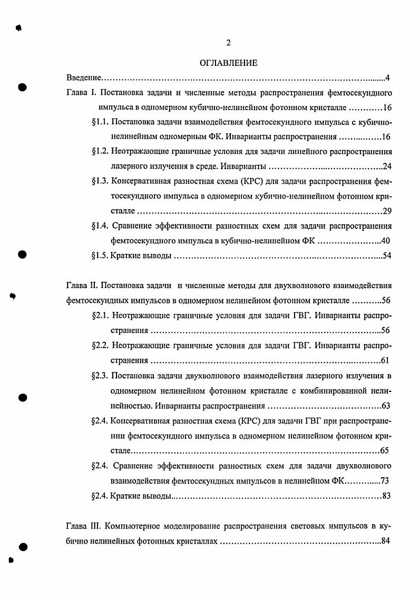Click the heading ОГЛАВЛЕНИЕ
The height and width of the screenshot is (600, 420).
pos(228,63)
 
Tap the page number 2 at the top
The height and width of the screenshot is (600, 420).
pos(228,43)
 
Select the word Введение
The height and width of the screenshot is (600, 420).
pos(84,78)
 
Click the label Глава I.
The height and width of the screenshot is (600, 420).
pos(80,93)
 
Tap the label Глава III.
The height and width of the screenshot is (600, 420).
pos(84,526)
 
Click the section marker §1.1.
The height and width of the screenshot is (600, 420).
pos(100,122)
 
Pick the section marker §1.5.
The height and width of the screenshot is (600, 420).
pos(100,256)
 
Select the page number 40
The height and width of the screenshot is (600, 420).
pos(386,241)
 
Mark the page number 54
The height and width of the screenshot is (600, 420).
pos(386,256)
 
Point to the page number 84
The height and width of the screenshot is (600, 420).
pos(385,541)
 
